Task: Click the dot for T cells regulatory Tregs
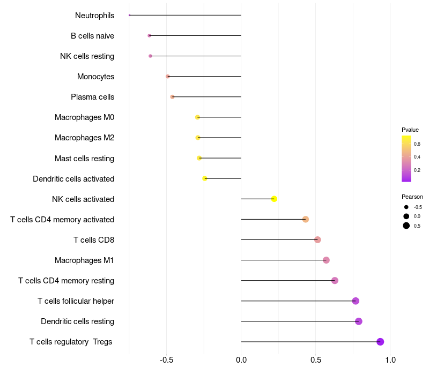(380, 342)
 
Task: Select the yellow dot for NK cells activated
(274, 199)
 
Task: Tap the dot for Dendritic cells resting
(359, 321)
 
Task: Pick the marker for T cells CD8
(317, 239)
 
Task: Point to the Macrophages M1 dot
(326, 260)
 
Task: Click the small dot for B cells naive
(150, 36)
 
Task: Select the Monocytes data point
(168, 77)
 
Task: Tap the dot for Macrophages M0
(197, 117)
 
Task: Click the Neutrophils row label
(94, 16)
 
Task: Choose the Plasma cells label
(92, 97)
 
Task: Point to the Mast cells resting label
(84, 159)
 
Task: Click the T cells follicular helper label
(76, 301)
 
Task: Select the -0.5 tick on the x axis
(166, 360)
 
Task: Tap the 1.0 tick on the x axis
(390, 360)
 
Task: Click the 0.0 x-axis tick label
(241, 360)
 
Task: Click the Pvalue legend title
(410, 130)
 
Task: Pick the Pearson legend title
(412, 197)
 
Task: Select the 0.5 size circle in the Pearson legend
(406, 226)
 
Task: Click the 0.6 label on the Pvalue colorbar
(417, 144)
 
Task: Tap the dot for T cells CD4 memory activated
(306, 219)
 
